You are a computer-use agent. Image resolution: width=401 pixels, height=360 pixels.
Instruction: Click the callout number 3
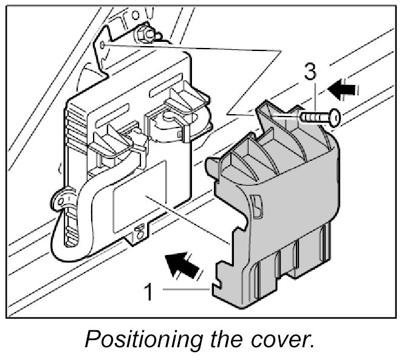[310, 72]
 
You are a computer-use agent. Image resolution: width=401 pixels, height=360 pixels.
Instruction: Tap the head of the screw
[334, 118]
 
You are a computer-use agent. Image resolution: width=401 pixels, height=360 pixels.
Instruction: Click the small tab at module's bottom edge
[139, 231]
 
